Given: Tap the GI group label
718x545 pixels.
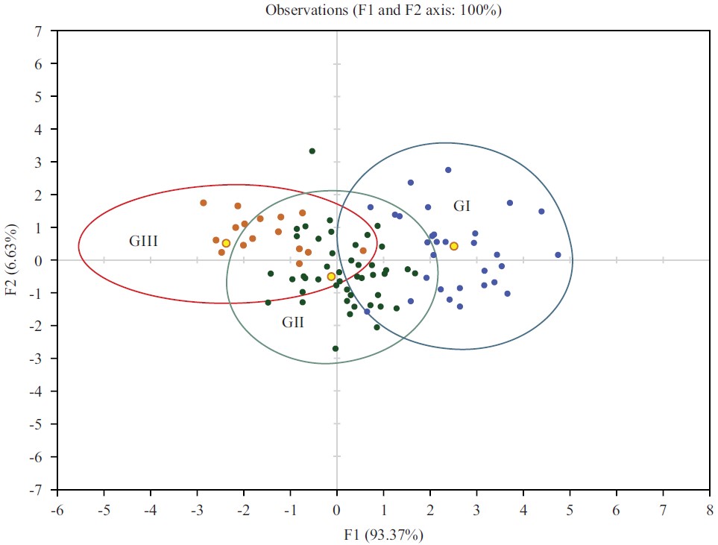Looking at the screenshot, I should point(462,206).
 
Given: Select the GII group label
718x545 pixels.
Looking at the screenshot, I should point(292,323).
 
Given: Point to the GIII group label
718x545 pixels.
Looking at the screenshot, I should point(144,241).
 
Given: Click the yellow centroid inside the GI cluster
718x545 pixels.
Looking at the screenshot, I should point(453,246).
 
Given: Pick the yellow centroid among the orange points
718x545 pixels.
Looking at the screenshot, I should point(226,243).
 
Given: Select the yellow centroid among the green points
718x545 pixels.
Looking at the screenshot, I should point(331,277).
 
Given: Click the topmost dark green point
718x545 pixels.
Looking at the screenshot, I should point(312,151).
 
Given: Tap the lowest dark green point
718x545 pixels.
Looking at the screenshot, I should point(336,348).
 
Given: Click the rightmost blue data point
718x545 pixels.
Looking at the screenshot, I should point(558,255).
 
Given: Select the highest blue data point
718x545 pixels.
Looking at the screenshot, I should point(448,170).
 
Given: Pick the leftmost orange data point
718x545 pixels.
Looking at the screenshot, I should point(204,203).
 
